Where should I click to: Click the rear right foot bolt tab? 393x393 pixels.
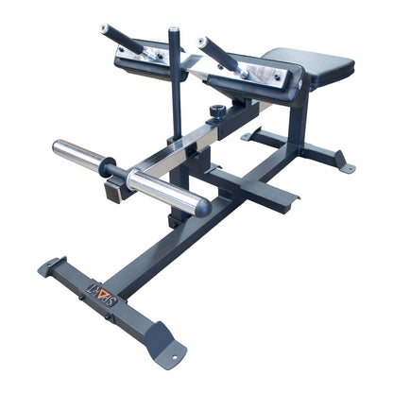pos(346,167)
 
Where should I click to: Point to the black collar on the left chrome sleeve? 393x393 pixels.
pos(107,167)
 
